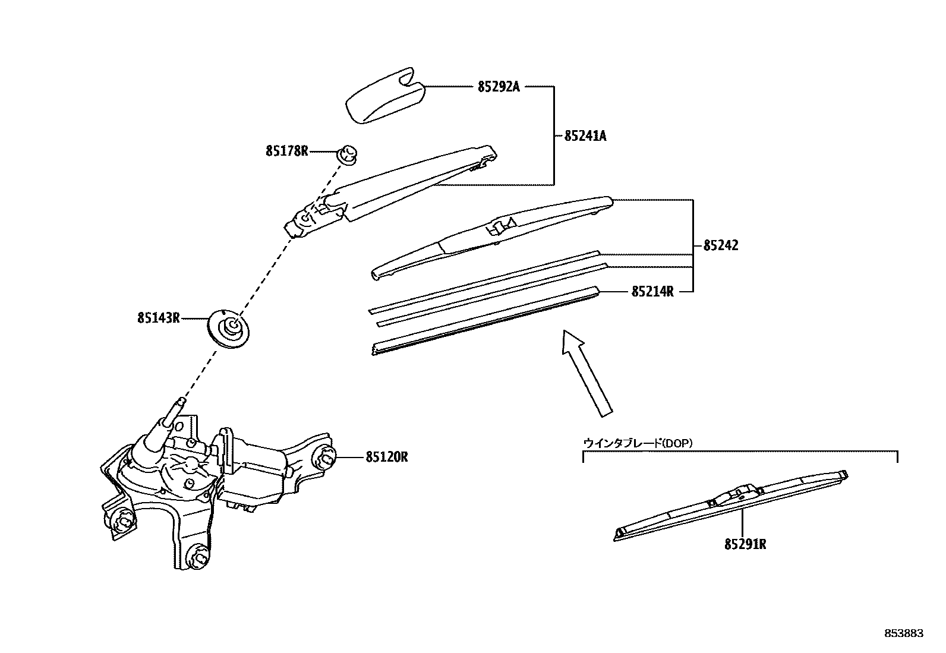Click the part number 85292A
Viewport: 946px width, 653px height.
point(498,87)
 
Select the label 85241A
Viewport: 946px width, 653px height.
point(585,136)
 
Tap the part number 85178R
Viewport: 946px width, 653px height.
point(287,151)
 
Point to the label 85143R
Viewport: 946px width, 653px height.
point(158,318)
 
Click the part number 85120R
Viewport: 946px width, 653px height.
point(387,457)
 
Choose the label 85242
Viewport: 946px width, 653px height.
point(721,245)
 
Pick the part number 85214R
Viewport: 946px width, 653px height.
point(652,292)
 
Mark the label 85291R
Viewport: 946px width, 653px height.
point(745,544)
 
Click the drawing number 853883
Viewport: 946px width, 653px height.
point(902,633)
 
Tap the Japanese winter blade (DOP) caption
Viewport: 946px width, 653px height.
point(638,443)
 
